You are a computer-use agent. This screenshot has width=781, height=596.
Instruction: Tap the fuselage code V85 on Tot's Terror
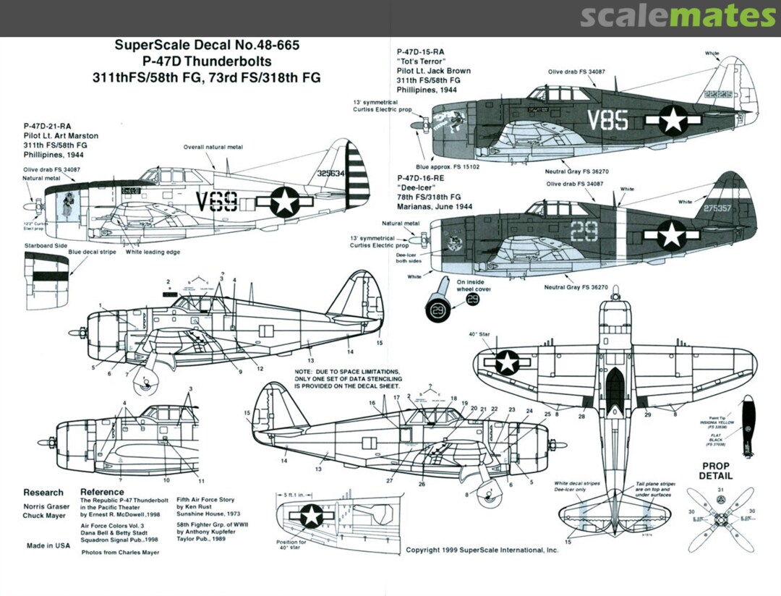coord(607,120)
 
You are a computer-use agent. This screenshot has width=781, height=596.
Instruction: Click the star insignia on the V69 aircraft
coord(285,202)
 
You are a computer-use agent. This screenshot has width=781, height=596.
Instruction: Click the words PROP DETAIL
coord(715,471)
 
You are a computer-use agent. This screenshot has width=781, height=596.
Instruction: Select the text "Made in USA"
coord(48,545)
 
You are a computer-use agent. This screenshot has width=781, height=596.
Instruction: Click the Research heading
coord(43,493)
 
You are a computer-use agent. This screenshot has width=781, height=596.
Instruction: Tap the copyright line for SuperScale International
coord(482,550)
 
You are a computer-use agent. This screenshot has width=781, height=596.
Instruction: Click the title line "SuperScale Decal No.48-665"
coord(207,45)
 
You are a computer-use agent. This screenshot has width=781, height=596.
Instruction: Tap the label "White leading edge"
coord(152,252)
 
